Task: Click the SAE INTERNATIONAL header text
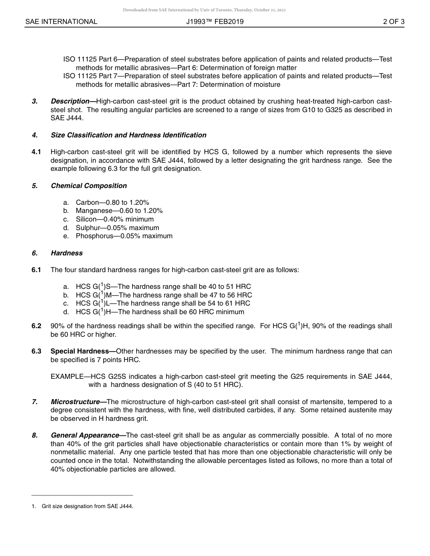point(61,22)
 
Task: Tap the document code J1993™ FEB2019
point(215,22)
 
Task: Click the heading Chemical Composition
point(89,186)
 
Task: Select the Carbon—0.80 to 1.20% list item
point(112,203)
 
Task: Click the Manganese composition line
point(119,211)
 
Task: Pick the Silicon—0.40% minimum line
point(115,219)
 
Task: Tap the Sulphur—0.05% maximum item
point(117,228)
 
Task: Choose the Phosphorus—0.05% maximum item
point(124,236)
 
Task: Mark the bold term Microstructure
point(76,402)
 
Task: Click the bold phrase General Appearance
point(85,435)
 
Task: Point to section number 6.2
point(36,326)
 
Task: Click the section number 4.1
point(36,152)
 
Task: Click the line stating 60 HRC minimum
point(160,312)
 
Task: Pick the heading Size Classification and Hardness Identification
point(129,135)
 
